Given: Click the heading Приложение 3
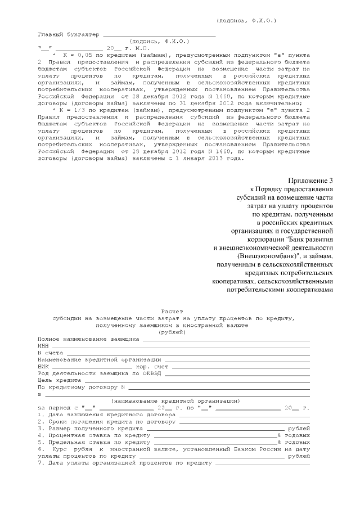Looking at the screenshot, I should (311, 180).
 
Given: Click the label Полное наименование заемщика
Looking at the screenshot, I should (88, 339).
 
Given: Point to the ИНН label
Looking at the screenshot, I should (43, 346).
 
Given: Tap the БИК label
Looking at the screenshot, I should (43, 366).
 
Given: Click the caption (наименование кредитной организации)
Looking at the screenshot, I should (175, 400).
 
